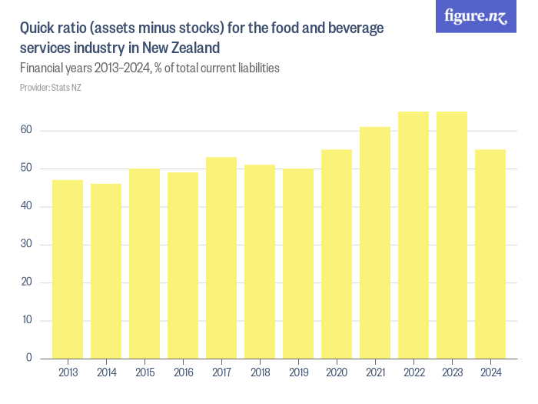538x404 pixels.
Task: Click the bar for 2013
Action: point(68,269)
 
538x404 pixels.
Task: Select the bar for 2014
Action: point(106,271)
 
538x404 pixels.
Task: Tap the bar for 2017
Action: point(221,258)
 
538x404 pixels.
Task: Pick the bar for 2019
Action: point(298,263)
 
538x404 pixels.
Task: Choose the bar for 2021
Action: point(375,242)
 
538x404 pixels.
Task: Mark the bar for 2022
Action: point(413,235)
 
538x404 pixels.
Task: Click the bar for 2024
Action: point(490,254)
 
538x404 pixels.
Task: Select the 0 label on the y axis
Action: point(28,358)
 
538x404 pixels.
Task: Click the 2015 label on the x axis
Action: point(144,372)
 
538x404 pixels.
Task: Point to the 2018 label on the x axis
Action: point(260,372)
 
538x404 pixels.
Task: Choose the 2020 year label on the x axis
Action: point(337,372)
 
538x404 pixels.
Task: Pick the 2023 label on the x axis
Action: point(452,372)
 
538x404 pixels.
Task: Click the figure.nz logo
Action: point(476,17)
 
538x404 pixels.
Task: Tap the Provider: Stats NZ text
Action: point(51,88)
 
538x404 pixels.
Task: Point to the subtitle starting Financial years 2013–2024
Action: point(149,68)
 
